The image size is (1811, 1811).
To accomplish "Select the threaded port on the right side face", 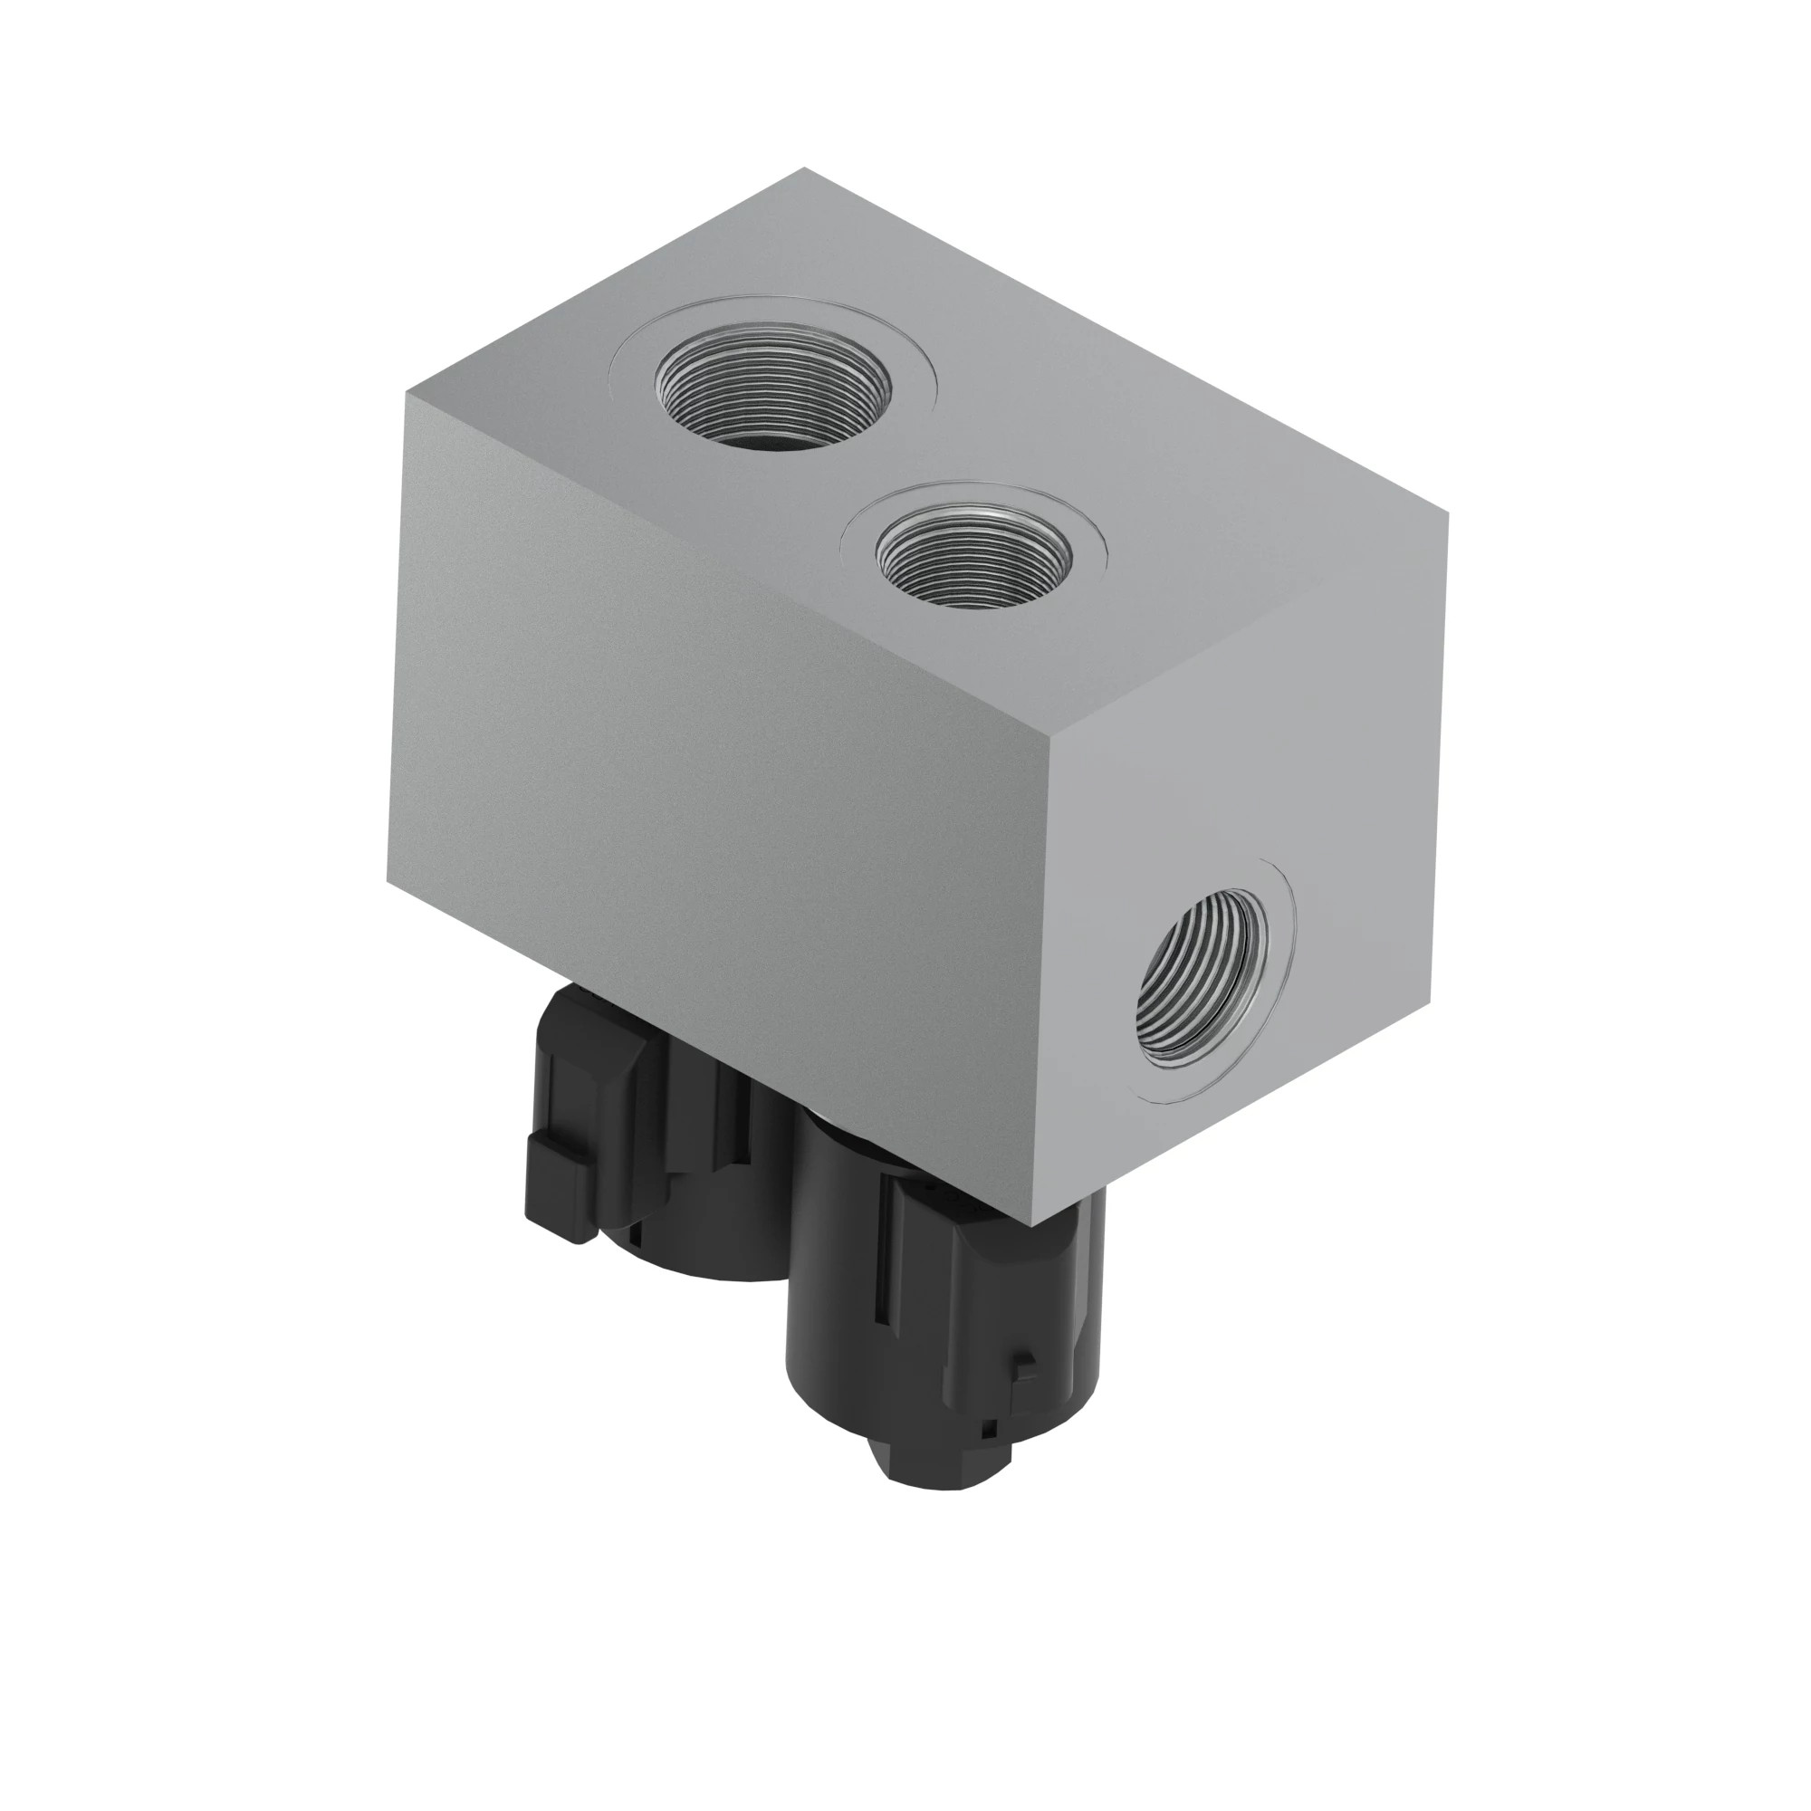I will point(1203,976).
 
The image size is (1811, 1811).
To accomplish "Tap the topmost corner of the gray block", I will point(804,168).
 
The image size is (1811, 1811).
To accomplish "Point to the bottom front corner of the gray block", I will point(1031,1225).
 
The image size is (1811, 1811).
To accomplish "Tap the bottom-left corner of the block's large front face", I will point(388,883).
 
